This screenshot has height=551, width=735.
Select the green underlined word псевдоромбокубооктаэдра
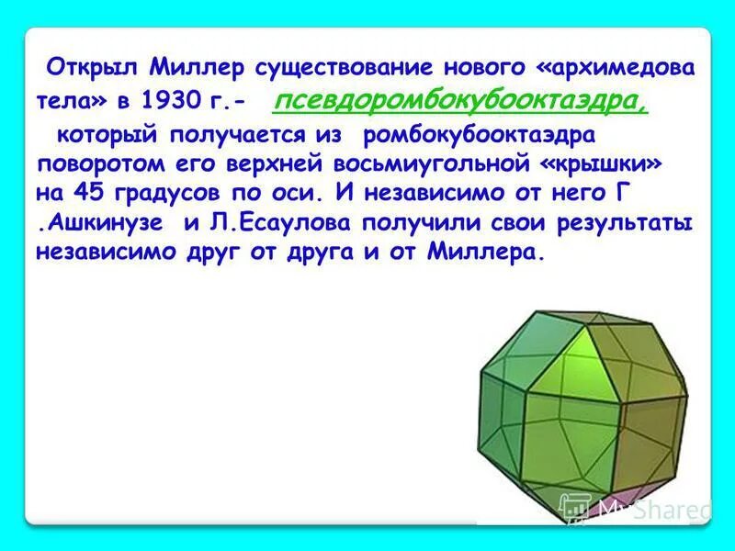pyautogui.click(x=460, y=101)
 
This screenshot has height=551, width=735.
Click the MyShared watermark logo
pyautogui.click(x=634, y=507)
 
